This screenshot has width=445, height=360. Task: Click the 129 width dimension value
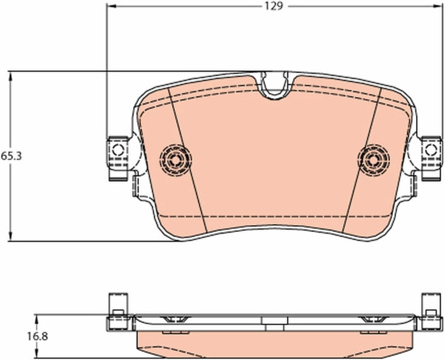(x=274, y=6)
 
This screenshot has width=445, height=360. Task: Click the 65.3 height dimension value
(x=11, y=156)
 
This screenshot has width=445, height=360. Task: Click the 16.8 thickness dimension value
(x=38, y=336)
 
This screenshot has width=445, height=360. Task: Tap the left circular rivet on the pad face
(x=176, y=160)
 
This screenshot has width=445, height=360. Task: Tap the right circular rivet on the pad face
(x=374, y=160)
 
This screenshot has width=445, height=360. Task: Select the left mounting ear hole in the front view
(x=118, y=150)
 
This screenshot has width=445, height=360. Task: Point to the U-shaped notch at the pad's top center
(x=274, y=85)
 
